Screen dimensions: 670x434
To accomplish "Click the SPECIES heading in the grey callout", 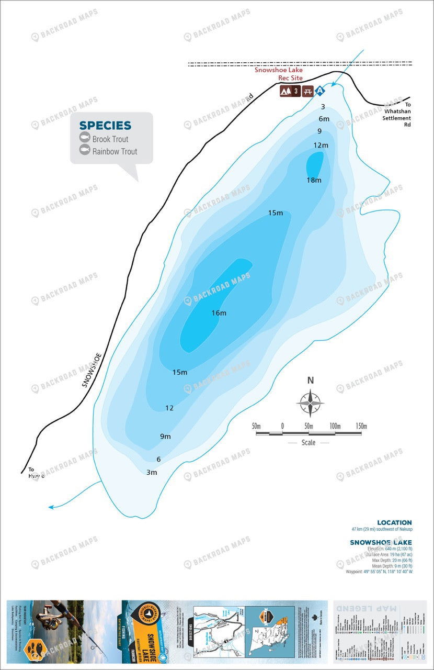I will coord(105,126).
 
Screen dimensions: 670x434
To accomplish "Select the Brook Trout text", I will coord(110,139).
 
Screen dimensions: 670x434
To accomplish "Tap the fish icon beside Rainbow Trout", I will coord(85,151).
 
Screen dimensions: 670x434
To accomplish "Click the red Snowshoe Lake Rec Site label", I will coord(278,74).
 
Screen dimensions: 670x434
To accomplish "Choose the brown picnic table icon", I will coord(308,91).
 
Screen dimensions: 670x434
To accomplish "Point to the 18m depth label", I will coord(314,180).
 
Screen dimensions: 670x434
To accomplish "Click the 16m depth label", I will coord(219,313).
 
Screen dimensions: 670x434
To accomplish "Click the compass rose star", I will coord(310,404).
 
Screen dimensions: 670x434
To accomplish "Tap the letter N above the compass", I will coord(310,381).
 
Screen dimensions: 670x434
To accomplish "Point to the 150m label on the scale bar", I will coord(361,426).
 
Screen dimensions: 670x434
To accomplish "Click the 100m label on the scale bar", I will coord(335,426).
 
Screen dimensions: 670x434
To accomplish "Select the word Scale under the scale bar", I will coord(309,442).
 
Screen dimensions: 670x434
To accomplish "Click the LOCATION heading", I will coord(394,522).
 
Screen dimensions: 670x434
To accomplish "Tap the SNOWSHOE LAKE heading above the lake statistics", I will coord(381,542).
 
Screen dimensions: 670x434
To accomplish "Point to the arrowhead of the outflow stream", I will coord(51,507).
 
